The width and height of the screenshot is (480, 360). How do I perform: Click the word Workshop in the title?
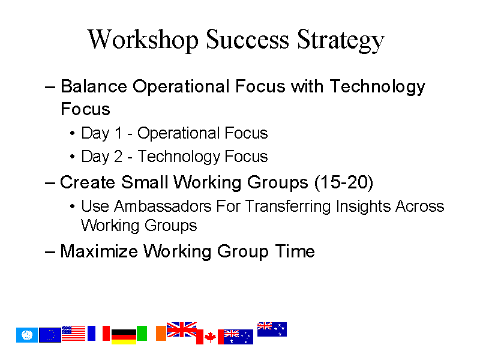coord(143,40)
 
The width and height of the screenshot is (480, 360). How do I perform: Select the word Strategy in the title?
coord(340,40)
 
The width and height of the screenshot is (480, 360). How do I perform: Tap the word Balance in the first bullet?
coord(94,86)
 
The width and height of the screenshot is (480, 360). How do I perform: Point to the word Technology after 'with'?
coord(377,87)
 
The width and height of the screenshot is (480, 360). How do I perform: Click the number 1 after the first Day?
coord(118,133)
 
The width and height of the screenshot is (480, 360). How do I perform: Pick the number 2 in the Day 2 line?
coord(118,156)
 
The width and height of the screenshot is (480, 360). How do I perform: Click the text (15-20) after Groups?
coord(344,182)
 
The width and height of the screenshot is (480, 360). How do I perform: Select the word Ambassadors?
coord(163,206)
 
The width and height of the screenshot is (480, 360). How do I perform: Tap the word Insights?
coord(364,206)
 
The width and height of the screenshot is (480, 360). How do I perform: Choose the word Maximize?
coord(99,251)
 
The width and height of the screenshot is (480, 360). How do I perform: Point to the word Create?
coord(88,182)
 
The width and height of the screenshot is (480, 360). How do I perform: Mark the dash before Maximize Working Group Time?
coord(50,252)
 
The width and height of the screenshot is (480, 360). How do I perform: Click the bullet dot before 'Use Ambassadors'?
coord(72,206)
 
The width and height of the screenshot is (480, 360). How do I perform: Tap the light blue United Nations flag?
coord(27,335)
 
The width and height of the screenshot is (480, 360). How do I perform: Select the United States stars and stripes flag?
coord(73,333)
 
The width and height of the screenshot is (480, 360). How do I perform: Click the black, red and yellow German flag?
coord(124,337)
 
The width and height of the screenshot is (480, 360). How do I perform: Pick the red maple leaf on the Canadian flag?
coord(210,337)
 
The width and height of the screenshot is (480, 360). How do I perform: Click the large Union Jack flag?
coord(182,329)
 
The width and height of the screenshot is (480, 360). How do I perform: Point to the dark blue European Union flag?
coord(50,335)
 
